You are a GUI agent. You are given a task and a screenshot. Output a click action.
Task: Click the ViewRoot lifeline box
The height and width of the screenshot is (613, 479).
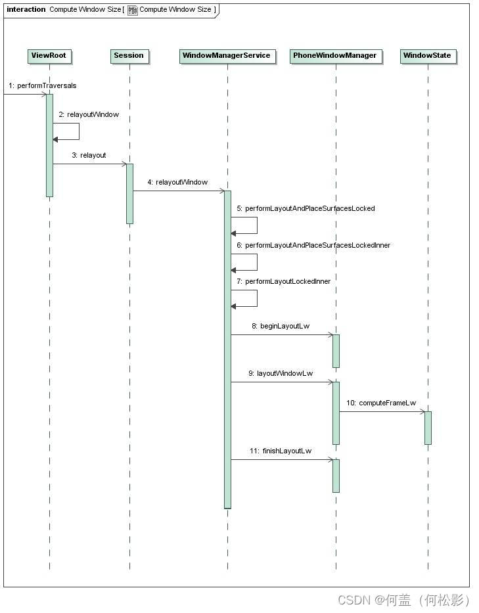[49, 56]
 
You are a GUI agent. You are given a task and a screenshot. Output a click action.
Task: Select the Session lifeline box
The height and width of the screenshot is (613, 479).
[129, 56]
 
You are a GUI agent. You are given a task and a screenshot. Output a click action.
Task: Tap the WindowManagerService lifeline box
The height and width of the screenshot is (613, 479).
[226, 56]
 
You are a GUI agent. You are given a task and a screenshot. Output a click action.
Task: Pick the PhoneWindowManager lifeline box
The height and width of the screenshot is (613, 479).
[335, 56]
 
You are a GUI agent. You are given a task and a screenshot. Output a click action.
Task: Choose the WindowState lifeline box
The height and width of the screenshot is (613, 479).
[427, 56]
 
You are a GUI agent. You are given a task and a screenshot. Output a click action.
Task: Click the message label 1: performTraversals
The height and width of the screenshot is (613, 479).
[43, 86]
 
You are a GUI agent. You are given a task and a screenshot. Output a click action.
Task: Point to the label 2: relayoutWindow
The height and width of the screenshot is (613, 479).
[89, 115]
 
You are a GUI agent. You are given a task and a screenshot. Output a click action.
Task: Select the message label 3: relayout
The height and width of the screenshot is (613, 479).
[89, 156]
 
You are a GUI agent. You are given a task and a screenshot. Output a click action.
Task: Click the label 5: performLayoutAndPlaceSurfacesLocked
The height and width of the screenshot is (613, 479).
[306, 209]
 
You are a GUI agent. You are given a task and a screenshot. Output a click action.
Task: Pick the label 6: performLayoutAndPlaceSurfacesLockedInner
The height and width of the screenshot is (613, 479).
[313, 246]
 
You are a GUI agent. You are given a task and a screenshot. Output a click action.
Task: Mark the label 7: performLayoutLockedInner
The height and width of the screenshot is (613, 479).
[283, 282]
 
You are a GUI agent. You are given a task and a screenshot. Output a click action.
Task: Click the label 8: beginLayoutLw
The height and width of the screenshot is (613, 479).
[281, 327]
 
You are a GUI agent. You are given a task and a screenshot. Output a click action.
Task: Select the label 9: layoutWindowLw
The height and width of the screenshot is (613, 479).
[281, 374]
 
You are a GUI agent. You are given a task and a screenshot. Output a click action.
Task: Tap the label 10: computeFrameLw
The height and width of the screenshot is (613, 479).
[381, 403]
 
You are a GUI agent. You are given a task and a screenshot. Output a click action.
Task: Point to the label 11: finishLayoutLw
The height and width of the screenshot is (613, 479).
[281, 451]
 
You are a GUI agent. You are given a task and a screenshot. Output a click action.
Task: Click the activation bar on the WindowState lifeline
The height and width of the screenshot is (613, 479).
[428, 428]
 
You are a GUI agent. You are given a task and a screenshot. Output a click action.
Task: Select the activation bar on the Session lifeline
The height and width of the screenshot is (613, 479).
[129, 194]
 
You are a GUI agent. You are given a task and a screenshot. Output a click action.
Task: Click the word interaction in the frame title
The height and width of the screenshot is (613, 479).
[26, 10]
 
